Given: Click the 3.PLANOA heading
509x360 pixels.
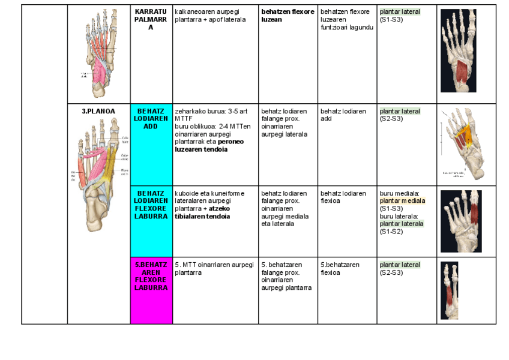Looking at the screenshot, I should [98, 111].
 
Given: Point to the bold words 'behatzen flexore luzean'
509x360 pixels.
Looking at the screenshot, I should [288, 16].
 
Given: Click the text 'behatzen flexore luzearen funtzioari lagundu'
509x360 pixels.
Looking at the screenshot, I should [346, 19].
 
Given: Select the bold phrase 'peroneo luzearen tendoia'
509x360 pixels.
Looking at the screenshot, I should [204, 146].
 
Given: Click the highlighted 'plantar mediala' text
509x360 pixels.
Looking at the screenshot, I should [402, 201].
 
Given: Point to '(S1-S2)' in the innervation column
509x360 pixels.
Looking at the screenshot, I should [390, 231].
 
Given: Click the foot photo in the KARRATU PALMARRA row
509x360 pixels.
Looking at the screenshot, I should [459, 51].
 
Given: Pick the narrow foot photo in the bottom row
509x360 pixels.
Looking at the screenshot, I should [450, 291].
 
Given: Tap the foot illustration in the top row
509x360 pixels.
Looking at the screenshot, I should [98, 53].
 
